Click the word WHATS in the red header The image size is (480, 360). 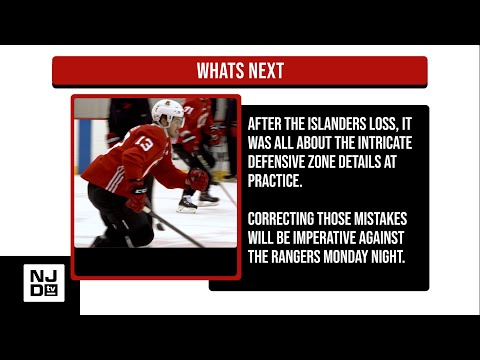(x=220, y=71)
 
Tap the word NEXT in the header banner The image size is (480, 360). (x=265, y=71)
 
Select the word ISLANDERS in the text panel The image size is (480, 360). (x=336, y=124)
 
